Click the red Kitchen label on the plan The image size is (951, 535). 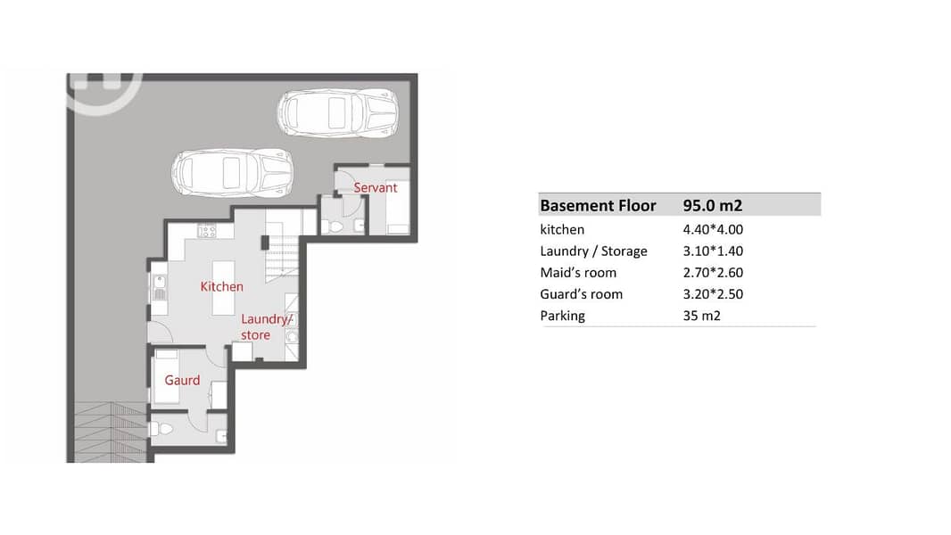221,286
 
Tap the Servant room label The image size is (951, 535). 376,188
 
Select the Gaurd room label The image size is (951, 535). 182,380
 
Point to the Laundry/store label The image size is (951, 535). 266,326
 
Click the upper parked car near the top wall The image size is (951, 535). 338,112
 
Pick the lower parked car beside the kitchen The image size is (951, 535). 232,173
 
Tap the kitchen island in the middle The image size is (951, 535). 223,288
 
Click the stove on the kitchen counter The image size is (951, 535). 206,231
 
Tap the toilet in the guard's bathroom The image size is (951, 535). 161,429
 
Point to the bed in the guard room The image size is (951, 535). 166,376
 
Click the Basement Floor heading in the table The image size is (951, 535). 598,205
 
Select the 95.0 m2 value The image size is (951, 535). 713,205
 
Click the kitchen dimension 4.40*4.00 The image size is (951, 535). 713,230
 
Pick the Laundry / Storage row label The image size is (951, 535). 594,251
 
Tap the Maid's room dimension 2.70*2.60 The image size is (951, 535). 713,273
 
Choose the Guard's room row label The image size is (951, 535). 581,294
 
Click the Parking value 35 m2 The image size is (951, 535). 702,316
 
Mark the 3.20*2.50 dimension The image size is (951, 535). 713,294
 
